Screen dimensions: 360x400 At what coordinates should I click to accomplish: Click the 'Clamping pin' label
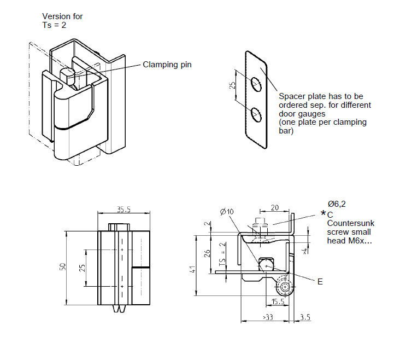click(x=167, y=65)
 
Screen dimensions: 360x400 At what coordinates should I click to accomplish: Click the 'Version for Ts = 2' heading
click(x=62, y=21)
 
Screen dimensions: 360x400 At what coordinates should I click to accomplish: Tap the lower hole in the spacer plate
click(x=256, y=114)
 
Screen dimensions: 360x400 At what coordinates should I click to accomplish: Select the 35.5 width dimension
click(x=124, y=209)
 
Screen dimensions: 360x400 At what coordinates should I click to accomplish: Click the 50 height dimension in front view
click(x=62, y=266)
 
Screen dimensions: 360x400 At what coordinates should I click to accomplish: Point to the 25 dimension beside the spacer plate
click(x=232, y=85)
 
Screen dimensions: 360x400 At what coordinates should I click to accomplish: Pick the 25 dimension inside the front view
click(x=82, y=268)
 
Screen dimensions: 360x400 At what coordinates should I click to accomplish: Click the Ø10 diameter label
click(x=226, y=212)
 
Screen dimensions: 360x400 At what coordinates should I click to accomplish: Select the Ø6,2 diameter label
click(x=337, y=204)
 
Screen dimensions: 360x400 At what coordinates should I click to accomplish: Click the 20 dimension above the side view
click(x=274, y=207)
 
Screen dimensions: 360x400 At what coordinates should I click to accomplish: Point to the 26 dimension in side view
click(x=207, y=253)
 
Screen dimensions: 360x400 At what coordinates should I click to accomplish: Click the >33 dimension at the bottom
click(x=268, y=317)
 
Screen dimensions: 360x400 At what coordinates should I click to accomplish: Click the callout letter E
click(x=320, y=281)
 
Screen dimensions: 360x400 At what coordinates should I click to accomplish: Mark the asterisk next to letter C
click(x=323, y=213)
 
